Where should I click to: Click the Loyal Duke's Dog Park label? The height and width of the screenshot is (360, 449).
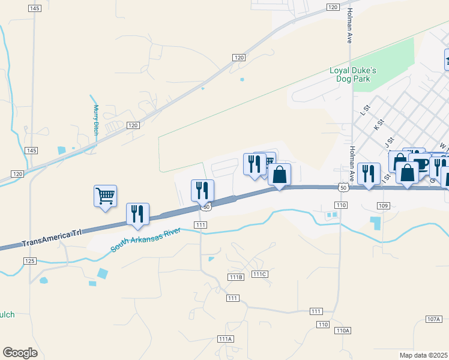point(353,74)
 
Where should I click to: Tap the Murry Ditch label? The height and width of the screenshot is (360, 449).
point(96,121)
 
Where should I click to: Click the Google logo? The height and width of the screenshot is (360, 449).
point(20,353)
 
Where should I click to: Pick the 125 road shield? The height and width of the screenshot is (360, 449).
point(31,261)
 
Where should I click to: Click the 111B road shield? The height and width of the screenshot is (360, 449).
point(236,277)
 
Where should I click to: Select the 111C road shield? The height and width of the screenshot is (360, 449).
point(259,274)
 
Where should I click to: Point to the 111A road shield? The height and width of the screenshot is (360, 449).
point(225,339)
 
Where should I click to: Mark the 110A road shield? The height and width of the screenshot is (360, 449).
point(342,331)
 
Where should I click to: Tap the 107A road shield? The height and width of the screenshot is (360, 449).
point(434,319)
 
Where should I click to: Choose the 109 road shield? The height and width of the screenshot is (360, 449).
point(384,206)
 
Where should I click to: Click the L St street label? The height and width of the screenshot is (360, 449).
point(363,111)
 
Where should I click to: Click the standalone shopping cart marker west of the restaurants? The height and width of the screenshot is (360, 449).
point(105,196)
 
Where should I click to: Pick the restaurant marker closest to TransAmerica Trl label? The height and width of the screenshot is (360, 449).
point(138,215)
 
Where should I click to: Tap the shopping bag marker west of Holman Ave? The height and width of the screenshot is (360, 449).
point(280,175)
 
